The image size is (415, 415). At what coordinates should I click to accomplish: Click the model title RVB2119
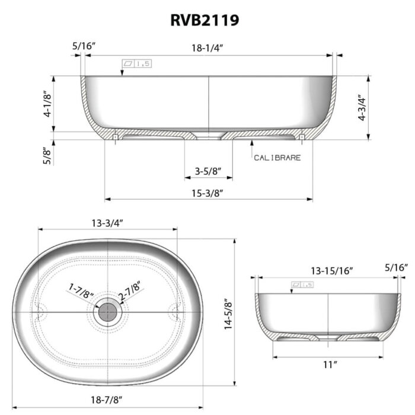(205, 20)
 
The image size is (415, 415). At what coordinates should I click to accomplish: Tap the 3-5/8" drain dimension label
(207, 171)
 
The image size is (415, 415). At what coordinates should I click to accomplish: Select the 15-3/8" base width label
(208, 192)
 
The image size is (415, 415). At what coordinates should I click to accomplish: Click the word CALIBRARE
(277, 158)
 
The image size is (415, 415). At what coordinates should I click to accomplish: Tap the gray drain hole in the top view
(107, 311)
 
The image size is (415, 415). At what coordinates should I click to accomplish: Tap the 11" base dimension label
(327, 364)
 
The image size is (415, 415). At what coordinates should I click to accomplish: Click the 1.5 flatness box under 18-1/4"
(135, 63)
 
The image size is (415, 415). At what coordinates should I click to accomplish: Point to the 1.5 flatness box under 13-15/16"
(302, 285)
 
